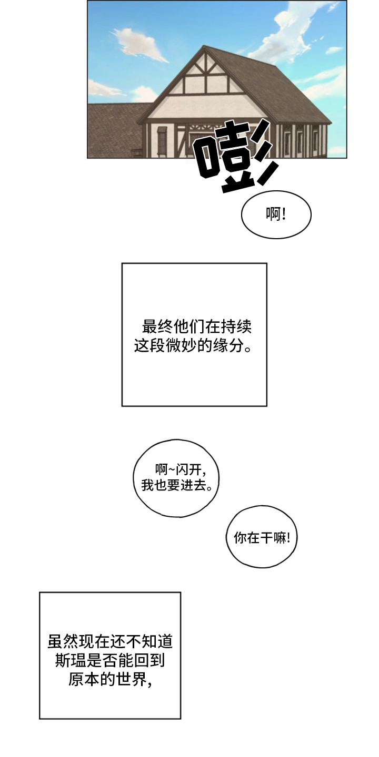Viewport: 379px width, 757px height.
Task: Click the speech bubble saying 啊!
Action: click(x=276, y=214)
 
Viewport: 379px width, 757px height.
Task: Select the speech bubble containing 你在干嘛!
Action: click(x=262, y=537)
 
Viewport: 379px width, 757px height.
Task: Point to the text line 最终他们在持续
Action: click(x=196, y=327)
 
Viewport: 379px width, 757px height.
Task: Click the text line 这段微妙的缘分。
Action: click(x=193, y=346)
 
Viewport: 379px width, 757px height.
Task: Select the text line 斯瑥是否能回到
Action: click(x=110, y=660)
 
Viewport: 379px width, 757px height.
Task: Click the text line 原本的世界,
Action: click(x=110, y=679)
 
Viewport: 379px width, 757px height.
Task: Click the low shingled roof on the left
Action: click(x=113, y=129)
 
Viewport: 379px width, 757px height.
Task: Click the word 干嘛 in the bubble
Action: click(x=274, y=537)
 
